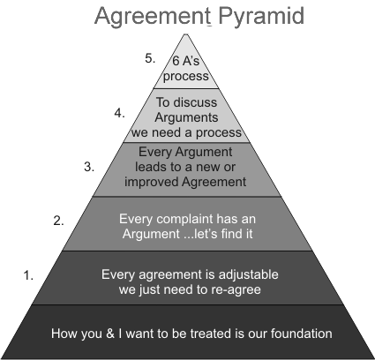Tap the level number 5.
150,58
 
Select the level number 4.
120,113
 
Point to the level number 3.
88,166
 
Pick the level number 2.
59,221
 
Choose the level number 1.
29,275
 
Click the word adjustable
233,273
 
